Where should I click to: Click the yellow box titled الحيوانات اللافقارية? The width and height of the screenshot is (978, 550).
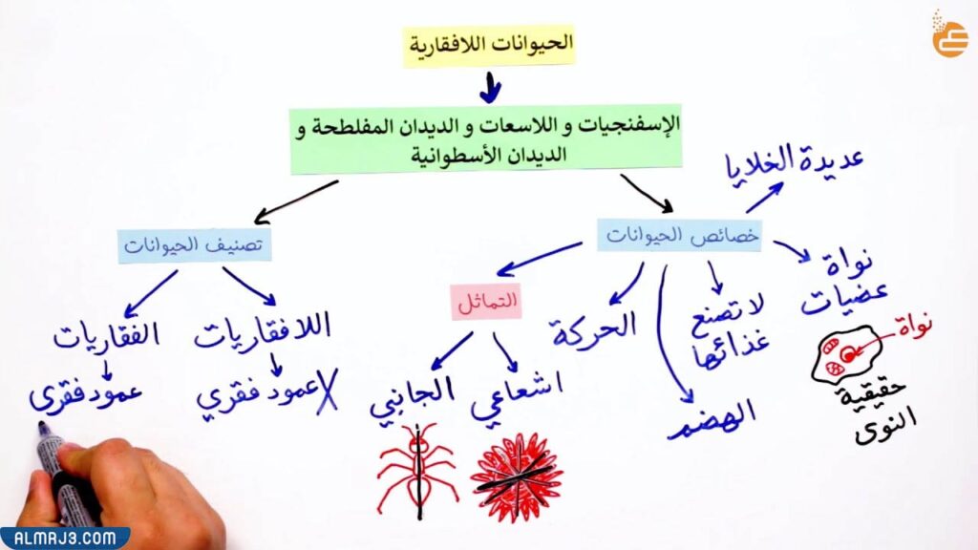pyautogui.click(x=489, y=44)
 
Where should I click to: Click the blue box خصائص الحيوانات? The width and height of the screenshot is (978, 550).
pyautogui.click(x=679, y=234)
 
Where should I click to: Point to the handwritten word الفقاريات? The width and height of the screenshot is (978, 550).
pyautogui.click(x=106, y=336)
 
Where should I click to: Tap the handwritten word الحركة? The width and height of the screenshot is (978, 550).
pyautogui.click(x=593, y=328)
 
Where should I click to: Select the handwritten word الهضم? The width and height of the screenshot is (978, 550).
pyautogui.click(x=712, y=416)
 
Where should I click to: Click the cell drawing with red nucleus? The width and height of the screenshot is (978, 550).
pyautogui.click(x=846, y=354)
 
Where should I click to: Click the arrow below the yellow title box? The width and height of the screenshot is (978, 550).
pyautogui.click(x=490, y=88)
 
